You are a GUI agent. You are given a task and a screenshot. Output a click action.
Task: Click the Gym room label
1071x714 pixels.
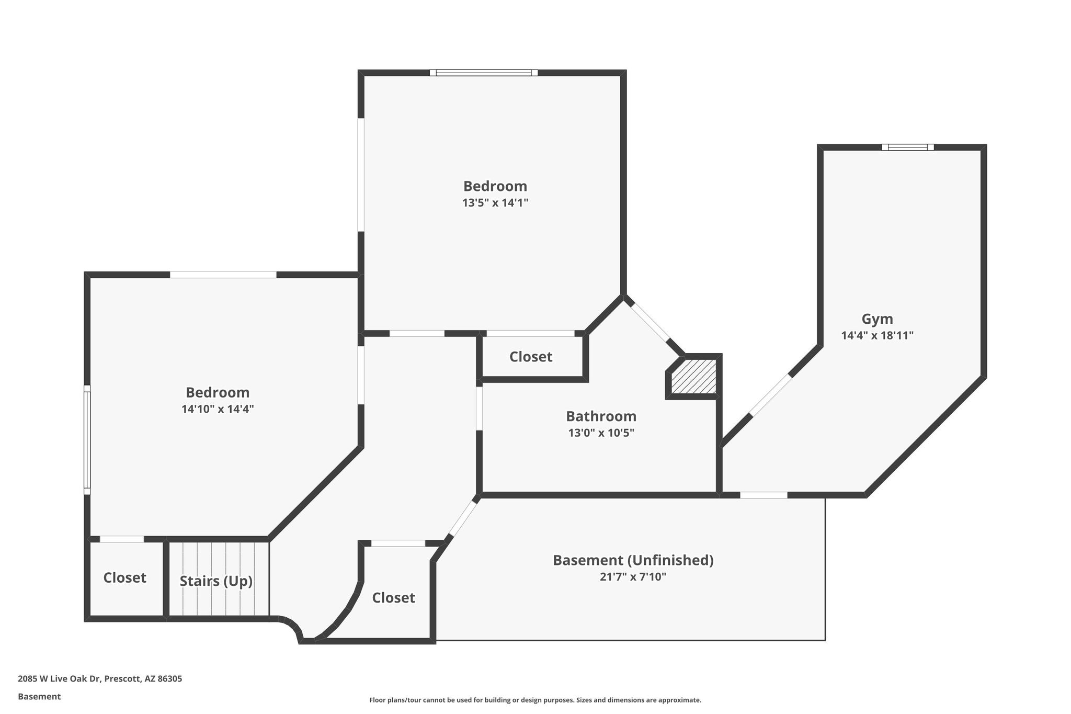click(877, 319)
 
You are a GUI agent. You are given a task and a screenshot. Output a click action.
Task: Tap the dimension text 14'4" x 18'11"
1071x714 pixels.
click(877, 336)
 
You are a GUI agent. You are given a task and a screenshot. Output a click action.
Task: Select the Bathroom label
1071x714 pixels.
click(601, 416)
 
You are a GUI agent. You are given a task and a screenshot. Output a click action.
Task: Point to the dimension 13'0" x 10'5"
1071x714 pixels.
click(601, 433)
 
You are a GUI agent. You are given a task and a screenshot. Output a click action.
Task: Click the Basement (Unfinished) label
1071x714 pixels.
click(633, 560)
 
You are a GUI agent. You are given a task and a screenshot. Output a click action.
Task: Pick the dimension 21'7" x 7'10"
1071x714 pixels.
click(633, 577)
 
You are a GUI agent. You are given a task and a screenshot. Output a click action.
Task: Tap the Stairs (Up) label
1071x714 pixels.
click(216, 581)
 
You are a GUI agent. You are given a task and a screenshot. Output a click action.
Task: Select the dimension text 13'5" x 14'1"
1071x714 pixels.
click(495, 203)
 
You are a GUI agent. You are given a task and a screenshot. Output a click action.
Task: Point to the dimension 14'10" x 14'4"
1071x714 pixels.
click(218, 409)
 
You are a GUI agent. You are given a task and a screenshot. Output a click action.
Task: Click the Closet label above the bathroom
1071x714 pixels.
click(531, 357)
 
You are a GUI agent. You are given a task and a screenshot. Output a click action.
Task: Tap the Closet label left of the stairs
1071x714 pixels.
click(124, 577)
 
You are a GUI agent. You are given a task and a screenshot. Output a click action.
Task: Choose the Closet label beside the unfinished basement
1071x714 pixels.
click(393, 597)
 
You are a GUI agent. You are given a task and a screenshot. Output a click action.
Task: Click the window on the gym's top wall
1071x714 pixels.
click(907, 148)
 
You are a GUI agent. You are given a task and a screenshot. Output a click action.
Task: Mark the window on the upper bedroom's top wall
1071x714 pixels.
click(484, 73)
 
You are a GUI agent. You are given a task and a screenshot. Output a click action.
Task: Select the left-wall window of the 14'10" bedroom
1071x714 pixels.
click(87, 440)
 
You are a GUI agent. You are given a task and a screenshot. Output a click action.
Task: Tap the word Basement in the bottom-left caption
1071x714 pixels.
click(39, 697)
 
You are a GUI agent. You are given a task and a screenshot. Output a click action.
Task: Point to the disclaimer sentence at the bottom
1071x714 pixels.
click(535, 700)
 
